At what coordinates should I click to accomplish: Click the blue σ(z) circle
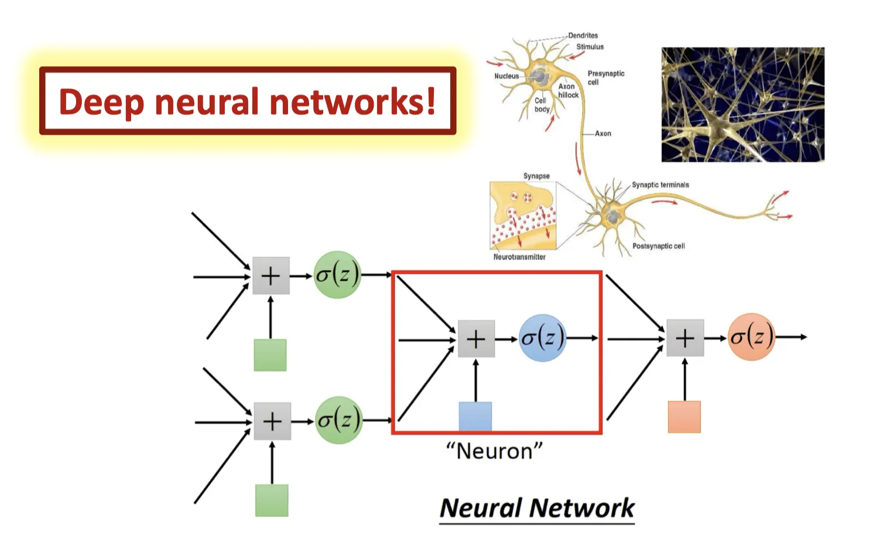[x=542, y=338]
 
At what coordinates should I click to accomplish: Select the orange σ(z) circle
[x=751, y=337]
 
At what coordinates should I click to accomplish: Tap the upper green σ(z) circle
[x=337, y=275]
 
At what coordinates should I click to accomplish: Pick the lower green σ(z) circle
[x=338, y=420]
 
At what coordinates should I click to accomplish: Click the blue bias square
[x=475, y=417]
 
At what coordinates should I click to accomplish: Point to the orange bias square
[x=685, y=417]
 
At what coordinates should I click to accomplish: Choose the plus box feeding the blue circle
[x=476, y=339]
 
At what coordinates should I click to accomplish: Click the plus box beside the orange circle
[x=685, y=338]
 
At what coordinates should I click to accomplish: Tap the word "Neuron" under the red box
[x=494, y=451]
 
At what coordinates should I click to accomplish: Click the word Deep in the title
[x=101, y=102]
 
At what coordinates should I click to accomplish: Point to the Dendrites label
[x=583, y=36]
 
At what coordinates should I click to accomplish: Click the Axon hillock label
[x=568, y=91]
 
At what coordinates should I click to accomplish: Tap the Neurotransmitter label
[x=519, y=257]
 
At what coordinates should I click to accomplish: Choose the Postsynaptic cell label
[x=658, y=246]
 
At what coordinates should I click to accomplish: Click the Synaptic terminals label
[x=660, y=185]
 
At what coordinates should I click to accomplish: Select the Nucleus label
[x=506, y=76]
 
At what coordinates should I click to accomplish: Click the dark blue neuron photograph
[x=742, y=104]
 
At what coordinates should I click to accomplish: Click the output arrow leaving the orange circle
[x=791, y=337]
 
